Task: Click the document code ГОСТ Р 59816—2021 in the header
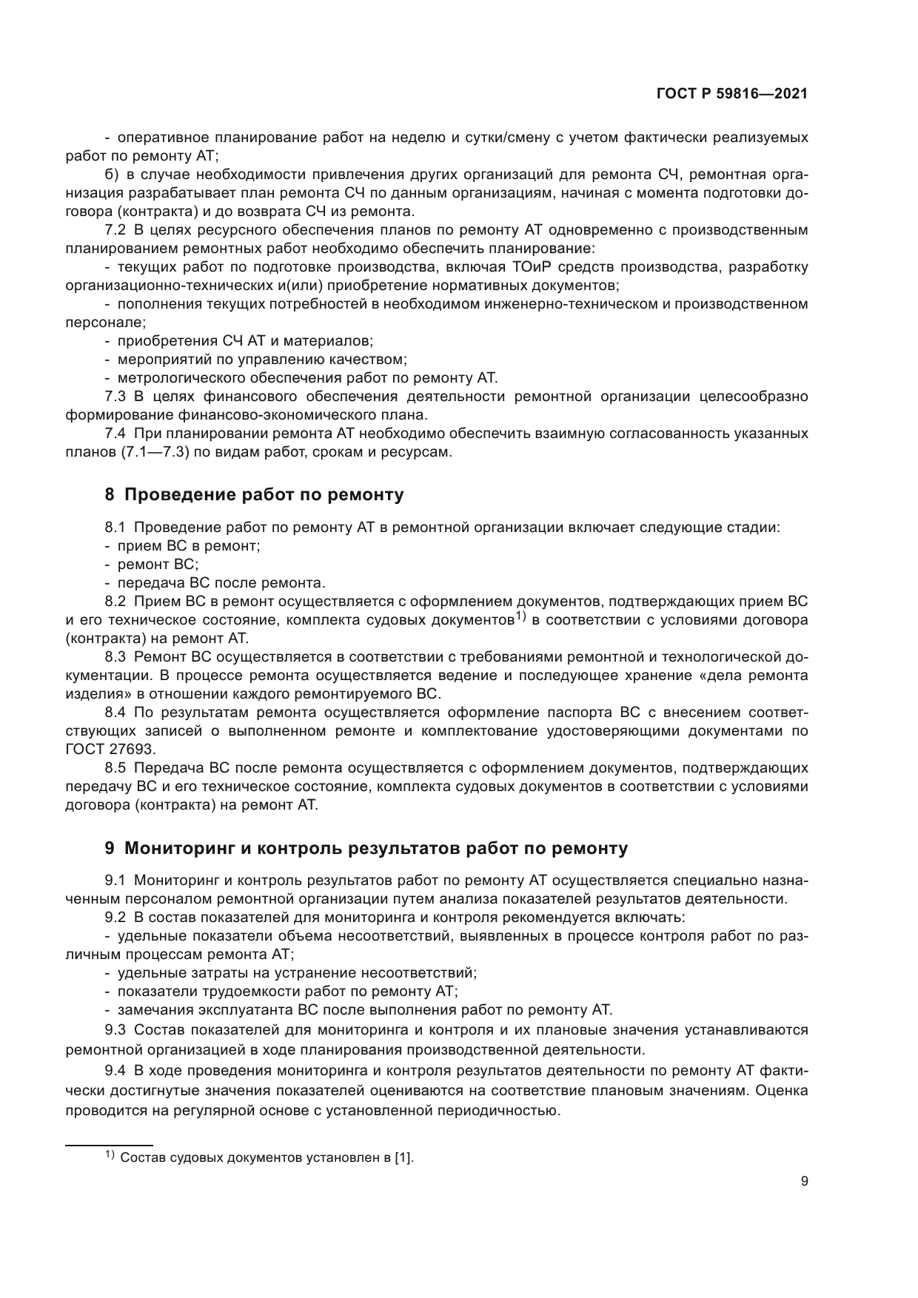[x=731, y=94]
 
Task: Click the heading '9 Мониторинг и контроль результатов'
[x=366, y=848]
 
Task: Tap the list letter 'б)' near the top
[x=113, y=175]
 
